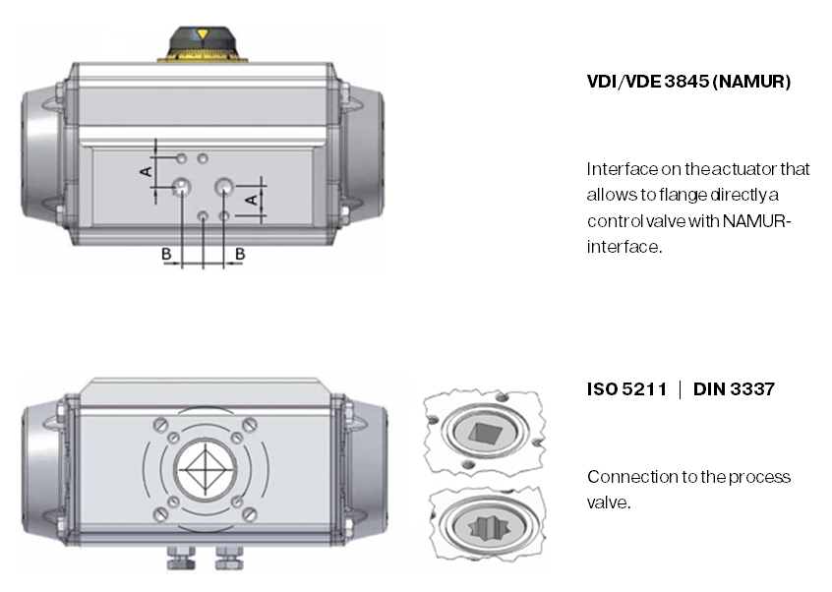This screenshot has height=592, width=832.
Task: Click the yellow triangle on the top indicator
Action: click(x=203, y=34)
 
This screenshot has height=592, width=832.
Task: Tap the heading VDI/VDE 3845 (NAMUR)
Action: click(x=688, y=82)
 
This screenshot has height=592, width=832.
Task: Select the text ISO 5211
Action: click(x=626, y=389)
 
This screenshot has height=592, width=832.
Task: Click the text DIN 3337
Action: click(x=734, y=389)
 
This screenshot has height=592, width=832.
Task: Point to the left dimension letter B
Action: click(x=166, y=254)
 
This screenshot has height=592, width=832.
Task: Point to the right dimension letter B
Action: click(x=240, y=254)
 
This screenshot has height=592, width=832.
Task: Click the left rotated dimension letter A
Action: click(x=146, y=171)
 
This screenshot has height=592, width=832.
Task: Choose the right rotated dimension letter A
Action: click(x=252, y=200)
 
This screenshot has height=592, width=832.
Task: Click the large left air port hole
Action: click(x=182, y=186)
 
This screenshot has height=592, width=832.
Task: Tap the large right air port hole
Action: click(x=224, y=186)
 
